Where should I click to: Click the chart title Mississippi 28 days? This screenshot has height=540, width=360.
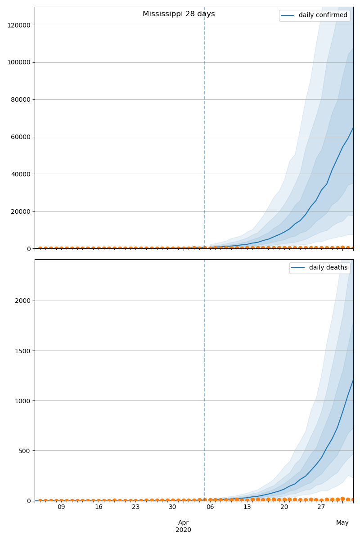pos(179,14)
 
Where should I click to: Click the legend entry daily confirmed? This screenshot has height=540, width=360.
pos(323,15)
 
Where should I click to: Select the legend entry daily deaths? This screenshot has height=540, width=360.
pos(328,268)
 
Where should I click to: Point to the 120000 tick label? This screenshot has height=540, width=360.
pos(19,25)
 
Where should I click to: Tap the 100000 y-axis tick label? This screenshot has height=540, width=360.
pos(19,63)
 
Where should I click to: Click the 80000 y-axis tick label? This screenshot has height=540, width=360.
pos(20,100)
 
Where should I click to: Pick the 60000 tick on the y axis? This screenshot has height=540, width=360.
pos(20,137)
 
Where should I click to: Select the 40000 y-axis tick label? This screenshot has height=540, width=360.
pos(20,174)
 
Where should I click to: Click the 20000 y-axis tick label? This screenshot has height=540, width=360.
pos(20,211)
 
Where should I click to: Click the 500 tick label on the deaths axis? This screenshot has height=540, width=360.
pos(25,451)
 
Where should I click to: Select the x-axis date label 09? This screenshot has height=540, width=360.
pos(61,507)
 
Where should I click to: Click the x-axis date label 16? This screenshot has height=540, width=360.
pos(99,507)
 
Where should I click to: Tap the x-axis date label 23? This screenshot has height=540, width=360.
pos(136,507)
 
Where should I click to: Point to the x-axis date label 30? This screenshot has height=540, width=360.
pos(173,507)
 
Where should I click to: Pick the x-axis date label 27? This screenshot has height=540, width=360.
pos(321,507)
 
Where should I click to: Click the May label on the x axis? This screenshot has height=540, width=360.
pos(342,522)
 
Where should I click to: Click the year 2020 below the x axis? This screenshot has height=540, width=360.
pos(183,530)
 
